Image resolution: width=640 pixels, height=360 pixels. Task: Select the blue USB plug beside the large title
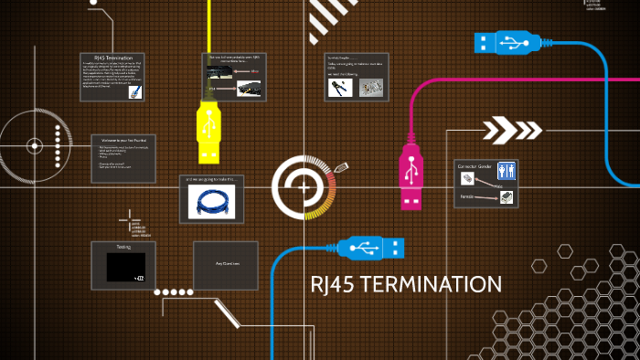click(x=371, y=247)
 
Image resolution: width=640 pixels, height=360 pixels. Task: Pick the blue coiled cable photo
click(x=213, y=203)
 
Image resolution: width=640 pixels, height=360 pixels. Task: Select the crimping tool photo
click(x=340, y=88)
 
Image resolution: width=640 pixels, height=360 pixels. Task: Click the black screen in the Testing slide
click(x=124, y=267)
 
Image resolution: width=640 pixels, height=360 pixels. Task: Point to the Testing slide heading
click(x=123, y=247)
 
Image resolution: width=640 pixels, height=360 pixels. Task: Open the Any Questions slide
click(x=226, y=265)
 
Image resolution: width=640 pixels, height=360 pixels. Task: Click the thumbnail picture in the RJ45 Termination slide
click(x=135, y=91)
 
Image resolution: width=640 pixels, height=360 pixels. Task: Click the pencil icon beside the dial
click(x=342, y=168)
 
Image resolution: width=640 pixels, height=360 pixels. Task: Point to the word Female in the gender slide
click(x=467, y=196)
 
